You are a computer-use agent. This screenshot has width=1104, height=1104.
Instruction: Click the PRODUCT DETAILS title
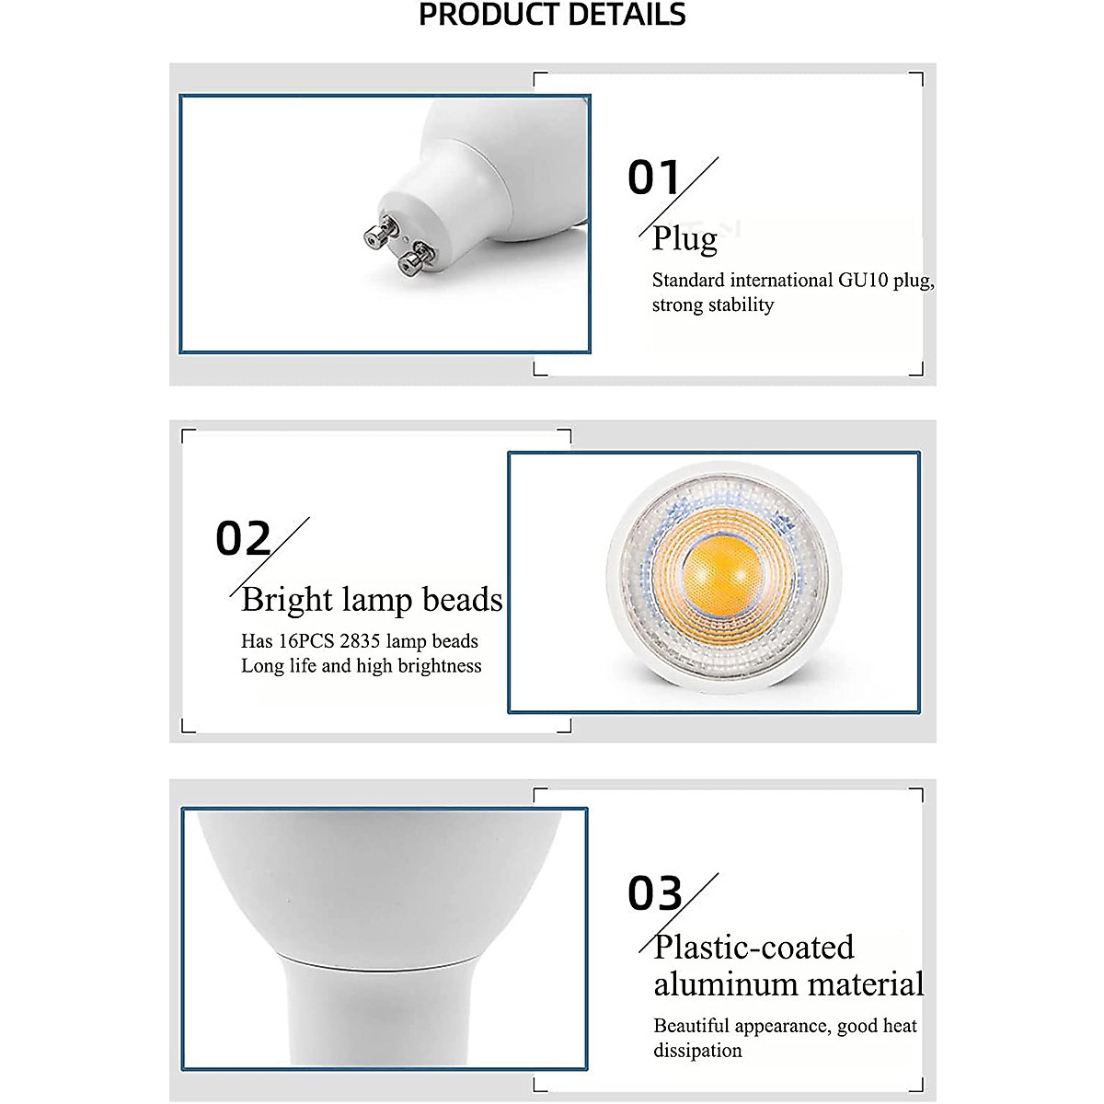click(552, 16)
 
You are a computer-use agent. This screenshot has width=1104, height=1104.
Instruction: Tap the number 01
click(653, 178)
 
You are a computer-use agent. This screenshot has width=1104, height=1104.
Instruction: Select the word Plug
click(684, 238)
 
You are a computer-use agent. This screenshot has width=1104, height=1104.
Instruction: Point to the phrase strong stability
click(713, 305)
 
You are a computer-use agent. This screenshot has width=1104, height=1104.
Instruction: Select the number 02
click(243, 539)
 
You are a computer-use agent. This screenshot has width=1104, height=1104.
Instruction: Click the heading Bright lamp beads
click(372, 599)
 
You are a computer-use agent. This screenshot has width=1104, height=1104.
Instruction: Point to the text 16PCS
click(306, 641)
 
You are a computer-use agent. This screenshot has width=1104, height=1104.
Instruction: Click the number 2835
click(360, 641)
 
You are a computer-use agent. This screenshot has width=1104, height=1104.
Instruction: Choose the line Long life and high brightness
click(361, 665)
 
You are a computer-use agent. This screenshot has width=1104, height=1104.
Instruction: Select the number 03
click(655, 893)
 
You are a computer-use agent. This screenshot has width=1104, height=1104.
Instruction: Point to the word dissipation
click(697, 1050)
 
